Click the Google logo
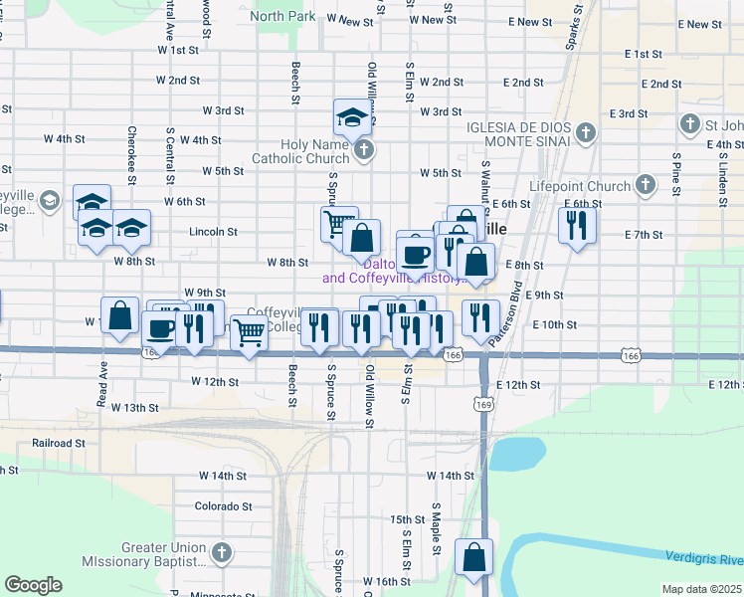33,584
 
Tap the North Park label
282,16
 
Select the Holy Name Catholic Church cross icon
364,151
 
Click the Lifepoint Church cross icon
646,185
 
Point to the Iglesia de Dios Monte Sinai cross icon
586,132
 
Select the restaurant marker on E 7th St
576,225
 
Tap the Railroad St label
58,443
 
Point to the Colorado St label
218,505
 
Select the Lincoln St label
213,232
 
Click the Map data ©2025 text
701,589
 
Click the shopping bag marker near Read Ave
119,315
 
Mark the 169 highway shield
483,405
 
